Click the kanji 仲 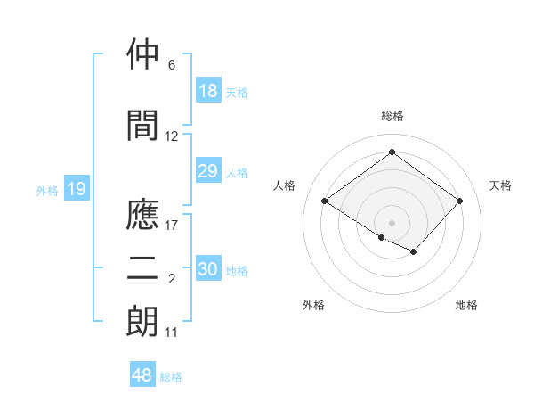tap(143, 55)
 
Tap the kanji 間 tap(143, 126)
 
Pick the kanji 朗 tap(143, 322)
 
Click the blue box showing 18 tap(208, 91)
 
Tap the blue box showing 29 tap(208, 171)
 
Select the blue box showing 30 tap(208, 269)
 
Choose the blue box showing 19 tap(77, 189)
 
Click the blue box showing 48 tap(142, 375)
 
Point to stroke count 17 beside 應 tap(173, 225)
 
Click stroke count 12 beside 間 tap(172, 136)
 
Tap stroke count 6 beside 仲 tap(172, 65)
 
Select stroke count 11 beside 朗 tap(172, 333)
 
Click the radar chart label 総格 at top tap(392, 116)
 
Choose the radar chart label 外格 tap(313, 305)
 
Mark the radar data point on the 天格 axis tap(459, 201)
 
